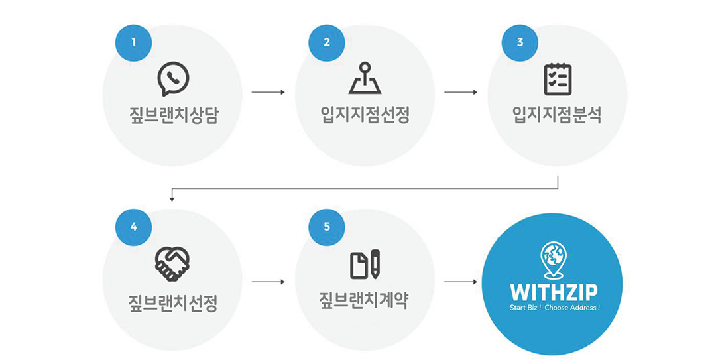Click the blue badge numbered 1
pyautogui.click(x=134, y=42)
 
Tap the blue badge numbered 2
pyautogui.click(x=327, y=42)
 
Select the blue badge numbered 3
pyautogui.click(x=520, y=42)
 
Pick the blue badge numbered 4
pyautogui.click(x=134, y=227)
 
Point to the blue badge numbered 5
pyautogui.click(x=327, y=227)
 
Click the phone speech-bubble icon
pyautogui.click(x=172, y=79)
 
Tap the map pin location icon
pyautogui.click(x=365, y=79)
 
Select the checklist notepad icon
pyautogui.click(x=558, y=79)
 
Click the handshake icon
pyautogui.click(x=172, y=263)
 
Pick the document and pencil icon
pyautogui.click(x=365, y=264)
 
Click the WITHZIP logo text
pyautogui.click(x=553, y=292)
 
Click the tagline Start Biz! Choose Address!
pyautogui.click(x=553, y=309)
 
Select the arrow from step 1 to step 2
pyautogui.click(x=268, y=91)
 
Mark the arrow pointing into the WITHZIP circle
pyautogui.click(x=461, y=282)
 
